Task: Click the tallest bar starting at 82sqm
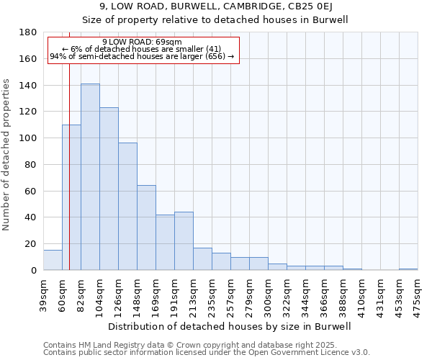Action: [90, 177]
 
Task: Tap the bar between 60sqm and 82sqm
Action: [71, 197]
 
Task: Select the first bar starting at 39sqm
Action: [53, 260]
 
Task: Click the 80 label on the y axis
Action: [32, 165]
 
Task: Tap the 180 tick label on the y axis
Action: [30, 33]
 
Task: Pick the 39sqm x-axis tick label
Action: [44, 295]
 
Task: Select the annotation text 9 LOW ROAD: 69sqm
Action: [143, 42]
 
